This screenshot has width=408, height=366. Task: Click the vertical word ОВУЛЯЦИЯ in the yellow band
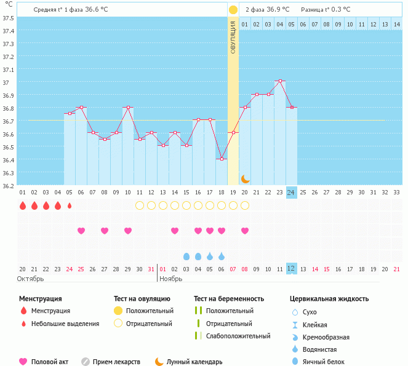coord(233,36)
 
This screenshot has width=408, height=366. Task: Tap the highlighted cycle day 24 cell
coord(291,192)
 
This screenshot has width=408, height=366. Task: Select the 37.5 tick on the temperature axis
coord(9,17)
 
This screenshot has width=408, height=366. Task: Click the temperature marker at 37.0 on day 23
coord(280,81)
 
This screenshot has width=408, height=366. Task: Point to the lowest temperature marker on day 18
coord(222,159)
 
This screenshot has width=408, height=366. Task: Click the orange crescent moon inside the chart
coord(246,178)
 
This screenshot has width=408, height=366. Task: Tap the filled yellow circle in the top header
coord(233,10)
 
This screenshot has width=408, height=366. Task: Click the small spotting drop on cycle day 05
coord(69,205)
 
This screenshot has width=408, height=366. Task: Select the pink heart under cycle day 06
coord(81,231)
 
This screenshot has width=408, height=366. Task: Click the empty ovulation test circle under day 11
coord(139,205)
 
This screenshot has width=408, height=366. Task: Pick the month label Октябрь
coord(30,279)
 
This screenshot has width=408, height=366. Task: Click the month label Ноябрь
coord(170,279)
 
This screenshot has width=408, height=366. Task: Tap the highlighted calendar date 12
coord(291,268)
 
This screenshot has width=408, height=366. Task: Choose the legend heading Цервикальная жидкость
coord(329,298)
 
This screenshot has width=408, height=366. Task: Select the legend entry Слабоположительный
coord(238,336)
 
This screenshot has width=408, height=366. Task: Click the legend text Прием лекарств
coord(116,362)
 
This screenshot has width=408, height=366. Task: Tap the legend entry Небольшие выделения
coord(65,324)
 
